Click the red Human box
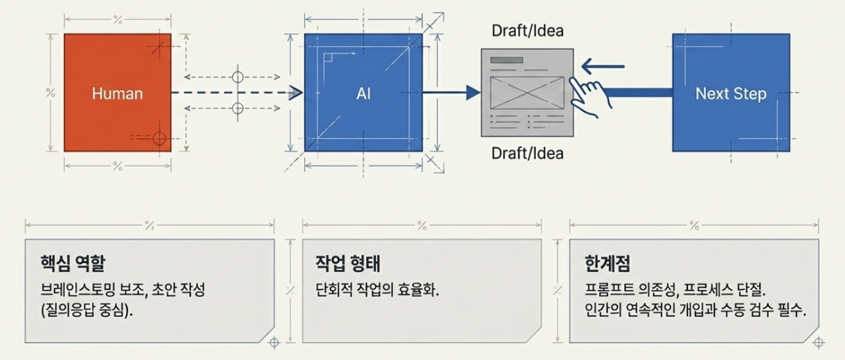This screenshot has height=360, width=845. click(x=117, y=92)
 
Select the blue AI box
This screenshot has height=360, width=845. click(x=363, y=92)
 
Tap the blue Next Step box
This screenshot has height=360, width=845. click(x=731, y=92)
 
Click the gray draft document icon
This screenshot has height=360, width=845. click(x=527, y=92)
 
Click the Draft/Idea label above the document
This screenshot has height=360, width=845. click(x=528, y=31)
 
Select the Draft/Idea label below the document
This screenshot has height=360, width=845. click(x=528, y=153)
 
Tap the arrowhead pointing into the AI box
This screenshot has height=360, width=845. click(x=295, y=92)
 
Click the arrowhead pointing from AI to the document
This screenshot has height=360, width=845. click(x=473, y=92)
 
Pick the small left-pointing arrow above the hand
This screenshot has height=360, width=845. click(x=602, y=67)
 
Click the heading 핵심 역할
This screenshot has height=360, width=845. click(x=73, y=264)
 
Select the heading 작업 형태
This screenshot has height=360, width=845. click(x=348, y=264)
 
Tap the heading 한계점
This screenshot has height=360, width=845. click(x=607, y=264)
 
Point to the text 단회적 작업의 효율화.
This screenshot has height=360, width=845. click(x=377, y=292)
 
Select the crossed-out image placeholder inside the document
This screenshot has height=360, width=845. click(x=527, y=92)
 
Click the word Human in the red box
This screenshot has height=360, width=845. click(x=117, y=93)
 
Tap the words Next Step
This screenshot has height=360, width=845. click(x=731, y=93)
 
